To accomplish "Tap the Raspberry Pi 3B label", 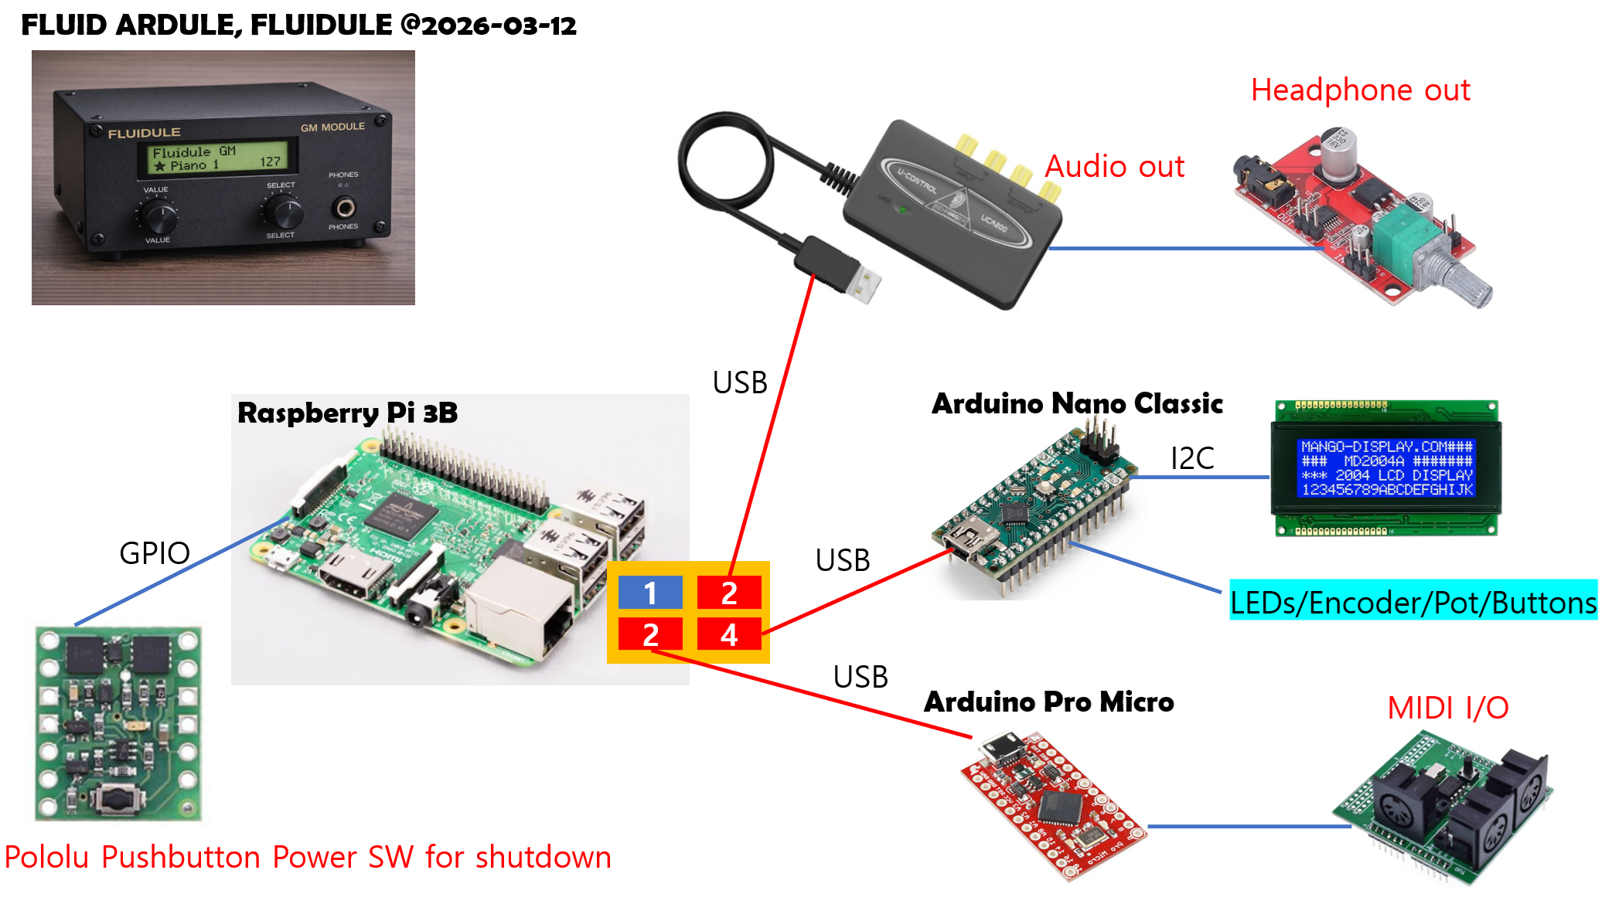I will pos(347,413).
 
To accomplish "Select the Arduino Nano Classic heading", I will pos(1077,403).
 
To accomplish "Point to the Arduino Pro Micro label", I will pos(1049,702).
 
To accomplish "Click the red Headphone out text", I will pos(1360,90).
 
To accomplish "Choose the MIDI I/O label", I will pos(1447,708).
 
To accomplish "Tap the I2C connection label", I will pos(1192,458).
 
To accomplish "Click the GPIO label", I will pos(155,553).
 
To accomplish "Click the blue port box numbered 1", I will pos(650,593).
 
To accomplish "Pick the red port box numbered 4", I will pos(729,634).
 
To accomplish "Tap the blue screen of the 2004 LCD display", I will pos(1387,467).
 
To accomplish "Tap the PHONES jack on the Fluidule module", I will pos(344,208).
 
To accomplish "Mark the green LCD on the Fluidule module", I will pos(219,158).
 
